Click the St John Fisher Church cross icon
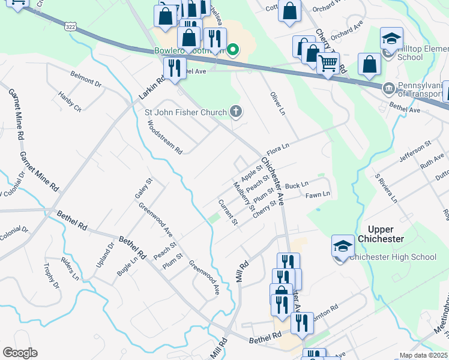237,112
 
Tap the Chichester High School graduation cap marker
343,246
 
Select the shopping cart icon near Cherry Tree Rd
328,62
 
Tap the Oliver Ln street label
276,104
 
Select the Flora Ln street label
278,146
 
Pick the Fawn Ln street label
318,195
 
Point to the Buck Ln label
297,185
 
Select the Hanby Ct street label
70,101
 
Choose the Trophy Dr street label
52,275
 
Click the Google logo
20,353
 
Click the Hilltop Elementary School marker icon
391,40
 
